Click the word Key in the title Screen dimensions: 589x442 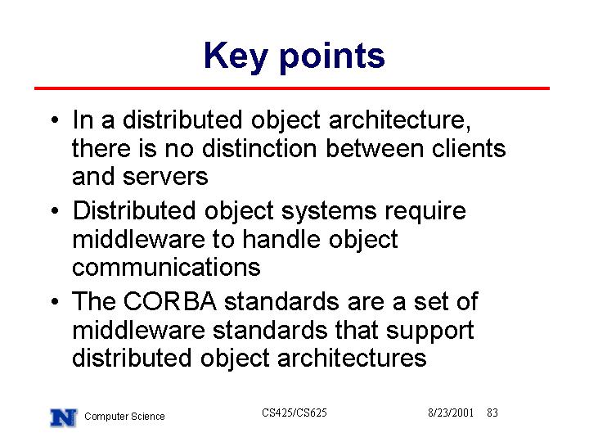(x=236, y=57)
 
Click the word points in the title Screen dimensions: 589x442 (x=332, y=58)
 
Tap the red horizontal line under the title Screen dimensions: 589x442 (x=292, y=88)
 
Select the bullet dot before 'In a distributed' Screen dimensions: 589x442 (x=55, y=120)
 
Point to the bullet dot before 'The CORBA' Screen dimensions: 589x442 (x=55, y=301)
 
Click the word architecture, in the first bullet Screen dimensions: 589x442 (x=400, y=120)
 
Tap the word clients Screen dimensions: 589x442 (x=469, y=148)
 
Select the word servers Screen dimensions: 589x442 (x=165, y=177)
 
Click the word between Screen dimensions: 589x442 (x=375, y=148)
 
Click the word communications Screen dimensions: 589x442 (x=166, y=267)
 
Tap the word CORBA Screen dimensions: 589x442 (x=170, y=301)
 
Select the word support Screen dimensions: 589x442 (x=429, y=331)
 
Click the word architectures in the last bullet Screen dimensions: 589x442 (x=352, y=358)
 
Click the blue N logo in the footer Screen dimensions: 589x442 (x=64, y=417)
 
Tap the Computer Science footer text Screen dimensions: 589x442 (x=124, y=417)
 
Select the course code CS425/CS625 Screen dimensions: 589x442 (x=294, y=413)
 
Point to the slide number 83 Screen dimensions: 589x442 (x=492, y=413)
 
